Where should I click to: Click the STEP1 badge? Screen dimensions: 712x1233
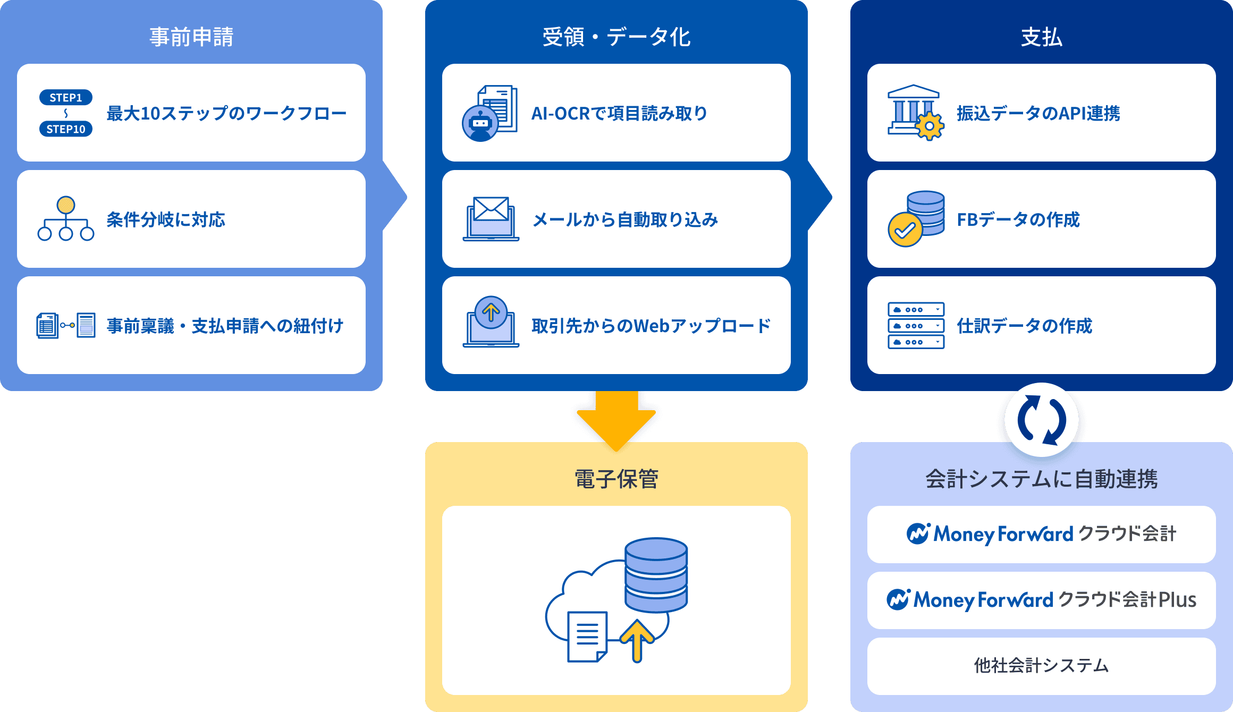(66, 98)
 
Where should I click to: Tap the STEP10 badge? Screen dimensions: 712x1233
(66, 129)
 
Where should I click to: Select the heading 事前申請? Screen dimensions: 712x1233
(191, 37)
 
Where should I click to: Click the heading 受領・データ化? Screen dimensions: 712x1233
(616, 37)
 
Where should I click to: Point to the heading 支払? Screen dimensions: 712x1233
(1041, 37)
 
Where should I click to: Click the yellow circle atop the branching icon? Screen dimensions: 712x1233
(66, 205)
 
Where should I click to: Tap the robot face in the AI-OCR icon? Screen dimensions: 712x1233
(480, 123)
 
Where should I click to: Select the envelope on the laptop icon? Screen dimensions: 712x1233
(491, 208)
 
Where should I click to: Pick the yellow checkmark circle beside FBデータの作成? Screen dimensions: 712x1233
(905, 230)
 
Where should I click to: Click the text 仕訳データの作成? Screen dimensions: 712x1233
(1024, 326)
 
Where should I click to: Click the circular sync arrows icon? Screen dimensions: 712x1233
(1042, 420)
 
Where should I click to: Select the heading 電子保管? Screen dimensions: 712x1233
(616, 479)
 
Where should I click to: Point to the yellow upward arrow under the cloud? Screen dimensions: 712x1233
(637, 641)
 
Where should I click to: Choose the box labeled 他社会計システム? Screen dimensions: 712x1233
(1041, 666)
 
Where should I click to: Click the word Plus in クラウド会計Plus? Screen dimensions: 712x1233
(1177, 600)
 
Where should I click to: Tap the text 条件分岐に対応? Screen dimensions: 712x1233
(166, 219)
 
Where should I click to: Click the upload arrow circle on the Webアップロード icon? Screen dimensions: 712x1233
(491, 312)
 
